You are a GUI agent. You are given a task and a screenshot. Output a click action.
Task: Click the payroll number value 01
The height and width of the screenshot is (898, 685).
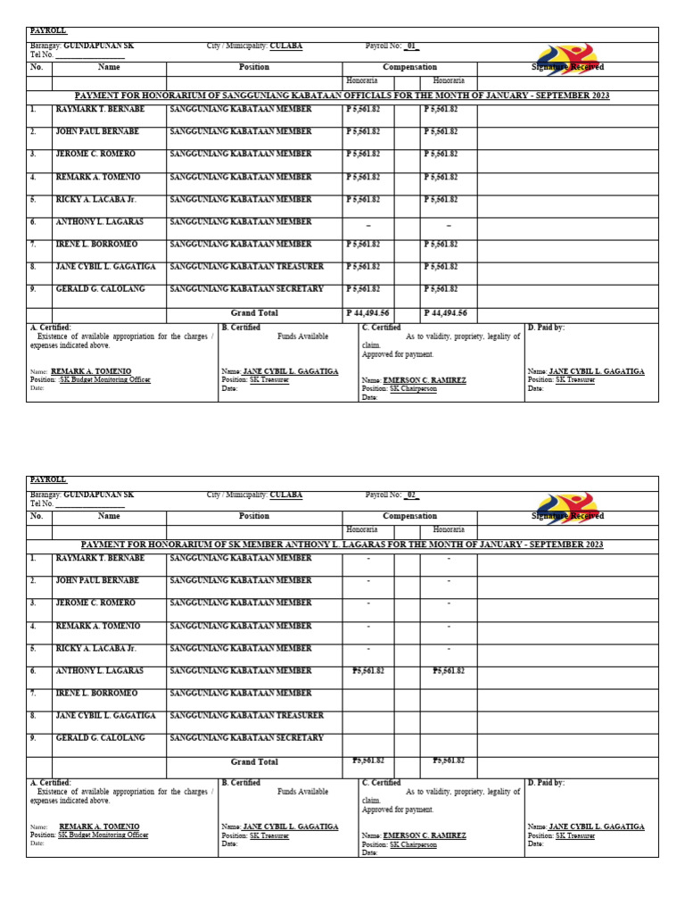pyautogui.click(x=411, y=46)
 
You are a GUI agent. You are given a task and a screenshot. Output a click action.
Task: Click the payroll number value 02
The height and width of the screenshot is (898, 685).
pyautogui.click(x=411, y=495)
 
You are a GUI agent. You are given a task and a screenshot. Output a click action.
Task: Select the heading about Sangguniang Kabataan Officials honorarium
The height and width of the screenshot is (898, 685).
pyautogui.click(x=342, y=96)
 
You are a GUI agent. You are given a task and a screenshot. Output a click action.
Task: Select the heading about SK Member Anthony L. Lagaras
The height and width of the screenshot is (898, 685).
pyautogui.click(x=342, y=545)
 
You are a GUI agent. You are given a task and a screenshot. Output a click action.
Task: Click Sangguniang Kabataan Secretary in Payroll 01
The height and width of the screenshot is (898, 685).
pyautogui.click(x=246, y=289)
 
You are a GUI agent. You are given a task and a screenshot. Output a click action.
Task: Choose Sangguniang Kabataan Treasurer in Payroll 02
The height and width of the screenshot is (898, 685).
pyautogui.click(x=246, y=715)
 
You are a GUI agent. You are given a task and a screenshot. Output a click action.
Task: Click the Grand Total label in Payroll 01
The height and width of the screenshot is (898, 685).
pyautogui.click(x=254, y=313)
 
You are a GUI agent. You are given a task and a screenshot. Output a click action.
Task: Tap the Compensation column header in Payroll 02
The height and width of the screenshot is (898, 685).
pyautogui.click(x=409, y=516)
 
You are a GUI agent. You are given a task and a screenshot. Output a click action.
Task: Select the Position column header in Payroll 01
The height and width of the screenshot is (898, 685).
pyautogui.click(x=254, y=67)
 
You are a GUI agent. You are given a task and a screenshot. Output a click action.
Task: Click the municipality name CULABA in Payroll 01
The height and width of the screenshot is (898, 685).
pyautogui.click(x=285, y=46)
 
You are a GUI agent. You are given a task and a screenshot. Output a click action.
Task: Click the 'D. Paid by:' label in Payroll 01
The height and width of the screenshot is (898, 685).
pyautogui.click(x=546, y=328)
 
